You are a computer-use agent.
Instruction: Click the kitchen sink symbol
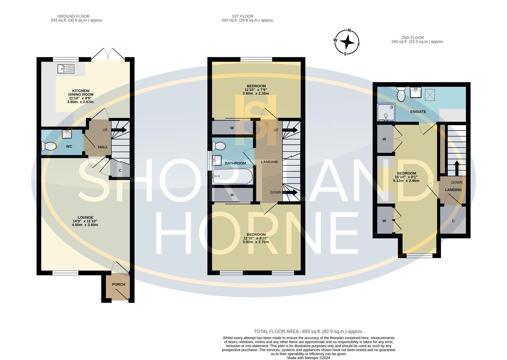(x=66, y=69)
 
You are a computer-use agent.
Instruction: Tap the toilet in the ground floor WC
(x=49, y=146)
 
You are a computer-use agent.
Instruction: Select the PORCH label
(x=118, y=284)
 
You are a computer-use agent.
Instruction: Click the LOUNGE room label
(x=85, y=217)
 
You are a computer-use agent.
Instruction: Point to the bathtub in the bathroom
(x=233, y=176)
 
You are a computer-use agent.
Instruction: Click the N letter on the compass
(x=349, y=30)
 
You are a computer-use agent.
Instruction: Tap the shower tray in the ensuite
(x=386, y=112)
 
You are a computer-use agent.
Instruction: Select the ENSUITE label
(x=418, y=112)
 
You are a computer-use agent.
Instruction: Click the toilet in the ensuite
(x=401, y=94)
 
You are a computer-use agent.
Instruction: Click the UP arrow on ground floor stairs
(x=119, y=130)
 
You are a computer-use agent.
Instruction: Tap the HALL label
(x=103, y=147)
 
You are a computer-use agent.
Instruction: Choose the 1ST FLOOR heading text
(x=243, y=16)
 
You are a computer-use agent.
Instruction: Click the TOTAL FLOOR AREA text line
(x=308, y=331)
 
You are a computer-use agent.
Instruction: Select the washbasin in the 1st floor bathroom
(x=217, y=160)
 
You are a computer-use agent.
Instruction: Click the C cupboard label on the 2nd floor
(x=453, y=221)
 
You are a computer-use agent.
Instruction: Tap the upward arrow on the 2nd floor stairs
(x=456, y=168)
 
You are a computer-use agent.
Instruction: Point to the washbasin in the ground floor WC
(x=67, y=134)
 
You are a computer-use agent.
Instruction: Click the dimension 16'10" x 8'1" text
(x=406, y=177)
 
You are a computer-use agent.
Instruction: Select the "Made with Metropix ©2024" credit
(x=308, y=358)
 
